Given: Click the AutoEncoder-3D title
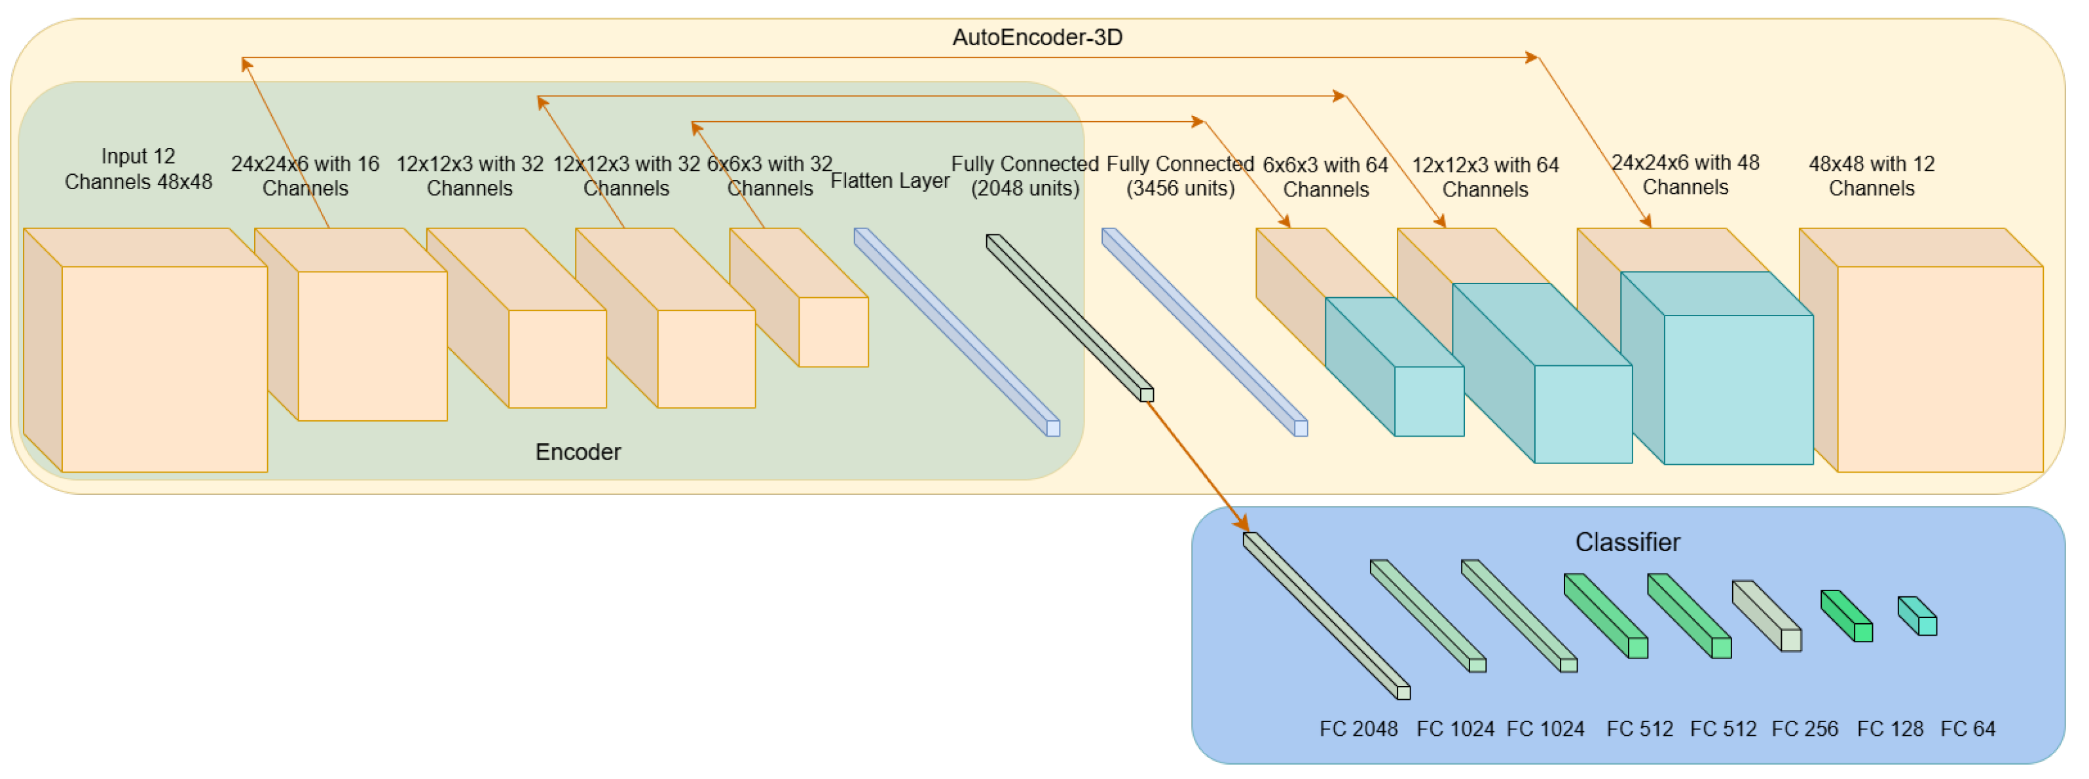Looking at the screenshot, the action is [1037, 37].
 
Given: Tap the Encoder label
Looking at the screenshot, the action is [578, 452].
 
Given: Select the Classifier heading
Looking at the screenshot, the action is [1627, 541].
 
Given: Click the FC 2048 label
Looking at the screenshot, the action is [1358, 729].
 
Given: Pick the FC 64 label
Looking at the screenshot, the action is [1967, 729].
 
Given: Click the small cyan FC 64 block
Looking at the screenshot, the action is [1918, 616].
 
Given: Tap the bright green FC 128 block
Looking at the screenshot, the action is [1847, 616].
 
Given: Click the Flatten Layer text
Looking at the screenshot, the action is [889, 181].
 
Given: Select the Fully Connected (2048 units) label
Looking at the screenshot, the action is [1025, 176].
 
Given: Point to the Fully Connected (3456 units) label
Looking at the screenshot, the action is [1181, 176].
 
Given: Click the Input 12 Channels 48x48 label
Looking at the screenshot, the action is [139, 169].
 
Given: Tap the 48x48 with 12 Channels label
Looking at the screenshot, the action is [1872, 176].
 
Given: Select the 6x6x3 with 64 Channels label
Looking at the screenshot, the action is [1326, 177].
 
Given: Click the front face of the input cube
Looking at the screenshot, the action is [164, 369].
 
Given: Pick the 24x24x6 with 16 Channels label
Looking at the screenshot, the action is [305, 176].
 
